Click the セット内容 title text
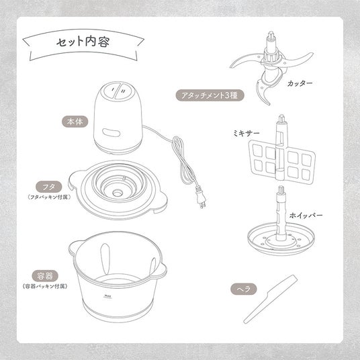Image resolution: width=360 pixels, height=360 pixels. click(83, 42)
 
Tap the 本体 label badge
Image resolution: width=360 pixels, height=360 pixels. click(75, 122)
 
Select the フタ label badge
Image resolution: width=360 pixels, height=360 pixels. click(49, 187)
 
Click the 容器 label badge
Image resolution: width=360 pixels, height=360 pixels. click(45, 276)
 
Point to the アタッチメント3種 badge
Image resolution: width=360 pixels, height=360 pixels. click(210, 95)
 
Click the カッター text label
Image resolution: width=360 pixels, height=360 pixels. click(300, 83)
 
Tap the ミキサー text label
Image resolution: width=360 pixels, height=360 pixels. click(246, 133)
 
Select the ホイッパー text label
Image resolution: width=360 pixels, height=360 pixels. click(306, 216)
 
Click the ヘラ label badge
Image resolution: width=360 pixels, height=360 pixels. click(244, 289)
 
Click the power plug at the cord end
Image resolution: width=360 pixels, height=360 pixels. click(201, 197)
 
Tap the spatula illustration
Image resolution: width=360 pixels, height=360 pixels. click(271, 299)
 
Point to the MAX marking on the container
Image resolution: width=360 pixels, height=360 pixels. click(107, 296)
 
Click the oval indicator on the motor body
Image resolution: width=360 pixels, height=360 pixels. click(111, 133)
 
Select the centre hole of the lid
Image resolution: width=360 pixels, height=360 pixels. click(118, 193)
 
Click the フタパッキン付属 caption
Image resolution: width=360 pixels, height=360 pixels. click(48, 197)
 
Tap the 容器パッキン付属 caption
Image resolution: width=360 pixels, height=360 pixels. click(45, 286)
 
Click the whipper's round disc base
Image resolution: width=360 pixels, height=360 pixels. click(281, 240)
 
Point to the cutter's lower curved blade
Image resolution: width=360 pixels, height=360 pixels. click(264, 91)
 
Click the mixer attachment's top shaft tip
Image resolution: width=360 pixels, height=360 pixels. click(281, 118)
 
